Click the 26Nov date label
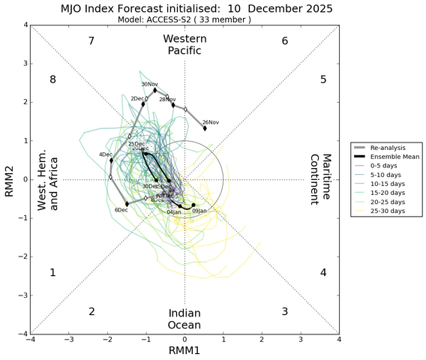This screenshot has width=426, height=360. (211, 122)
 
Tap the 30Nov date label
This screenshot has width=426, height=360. (150, 84)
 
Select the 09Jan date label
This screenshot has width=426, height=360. (199, 211)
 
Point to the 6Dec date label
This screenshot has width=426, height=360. (121, 210)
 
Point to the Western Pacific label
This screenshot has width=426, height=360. (184, 44)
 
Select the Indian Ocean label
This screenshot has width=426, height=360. (184, 319)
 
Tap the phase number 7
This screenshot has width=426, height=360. (91, 40)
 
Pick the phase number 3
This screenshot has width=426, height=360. (284, 311)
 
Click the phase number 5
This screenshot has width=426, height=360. (323, 79)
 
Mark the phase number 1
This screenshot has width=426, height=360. (52, 273)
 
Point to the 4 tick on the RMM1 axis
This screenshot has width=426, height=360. (339, 340)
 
